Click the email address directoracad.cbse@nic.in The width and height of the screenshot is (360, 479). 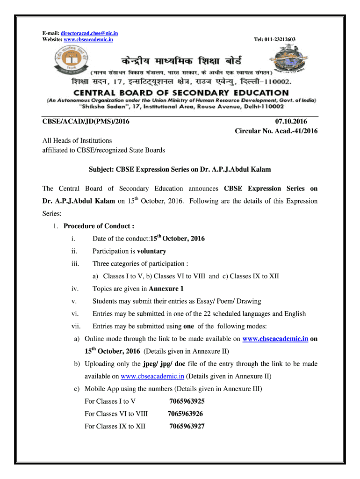coord(89,33)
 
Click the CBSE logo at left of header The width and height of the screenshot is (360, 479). coord(70,60)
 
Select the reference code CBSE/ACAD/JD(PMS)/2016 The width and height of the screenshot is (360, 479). coord(86,122)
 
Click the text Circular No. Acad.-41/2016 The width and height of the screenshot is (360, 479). coord(276,131)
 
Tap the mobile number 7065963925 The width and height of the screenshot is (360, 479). coord(187,401)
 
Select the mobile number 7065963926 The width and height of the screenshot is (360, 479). coord(185,414)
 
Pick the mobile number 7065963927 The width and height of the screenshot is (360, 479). coord(187,426)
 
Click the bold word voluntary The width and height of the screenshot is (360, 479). coord(151,251)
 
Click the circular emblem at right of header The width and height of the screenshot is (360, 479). coord(289,60)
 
